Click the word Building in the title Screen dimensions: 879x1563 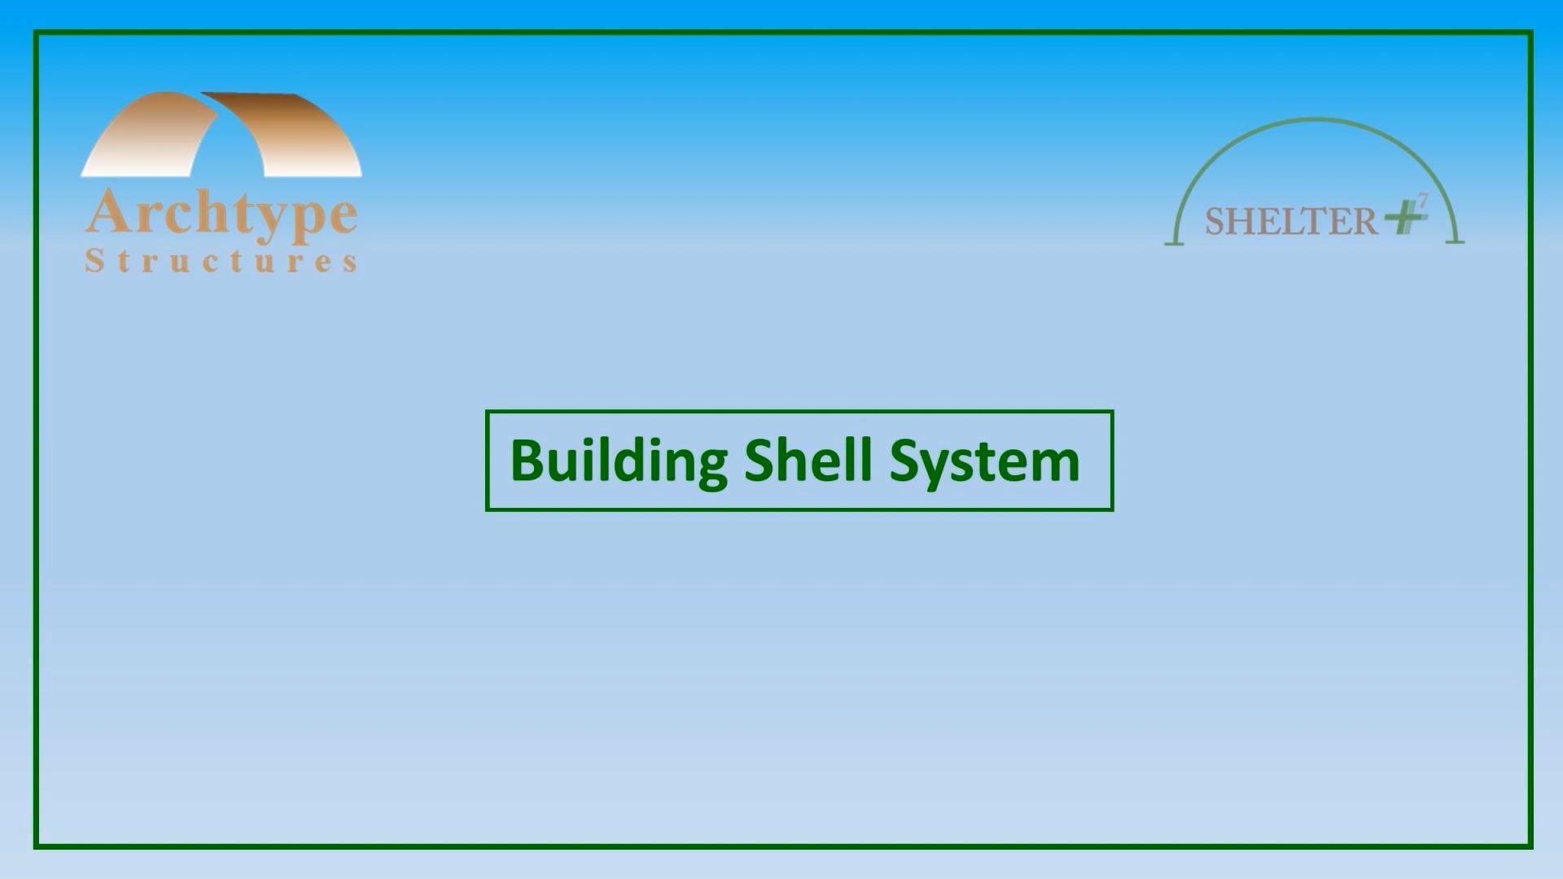coord(618,461)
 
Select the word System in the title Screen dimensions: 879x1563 coord(984,461)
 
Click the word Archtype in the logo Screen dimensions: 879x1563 coord(221,214)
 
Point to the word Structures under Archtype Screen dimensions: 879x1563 coord(221,261)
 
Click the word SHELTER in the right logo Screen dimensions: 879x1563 coord(1291,221)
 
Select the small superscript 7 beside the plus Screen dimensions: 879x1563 coord(1423,199)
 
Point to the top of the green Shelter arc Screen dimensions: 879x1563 coord(1315,120)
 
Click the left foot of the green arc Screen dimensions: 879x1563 coord(1174,242)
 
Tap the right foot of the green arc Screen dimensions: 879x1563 coord(1455,241)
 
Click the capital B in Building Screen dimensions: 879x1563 coord(526,460)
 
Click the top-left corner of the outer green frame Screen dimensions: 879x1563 coord(36,33)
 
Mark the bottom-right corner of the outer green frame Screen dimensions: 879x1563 coord(1530,846)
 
